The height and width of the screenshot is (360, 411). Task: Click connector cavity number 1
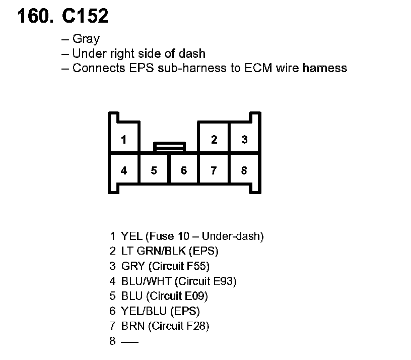coord(123,139)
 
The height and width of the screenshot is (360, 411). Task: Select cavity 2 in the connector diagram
coord(214,139)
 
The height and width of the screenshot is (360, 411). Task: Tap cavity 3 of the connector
coord(244,139)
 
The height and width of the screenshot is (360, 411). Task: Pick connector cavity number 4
coord(124,170)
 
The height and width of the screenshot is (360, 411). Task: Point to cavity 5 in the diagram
coord(154,170)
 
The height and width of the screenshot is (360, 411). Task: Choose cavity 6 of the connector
coord(184,170)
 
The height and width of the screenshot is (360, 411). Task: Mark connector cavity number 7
coord(214,170)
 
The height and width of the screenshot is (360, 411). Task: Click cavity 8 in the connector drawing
coord(244,170)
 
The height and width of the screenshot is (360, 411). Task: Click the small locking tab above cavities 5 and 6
coord(170,147)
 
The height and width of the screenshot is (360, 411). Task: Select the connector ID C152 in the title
coord(85,17)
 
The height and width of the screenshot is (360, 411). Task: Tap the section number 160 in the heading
coord(34,17)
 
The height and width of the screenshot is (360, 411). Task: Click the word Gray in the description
coord(86,39)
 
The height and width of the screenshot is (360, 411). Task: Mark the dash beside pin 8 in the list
coord(129,341)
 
